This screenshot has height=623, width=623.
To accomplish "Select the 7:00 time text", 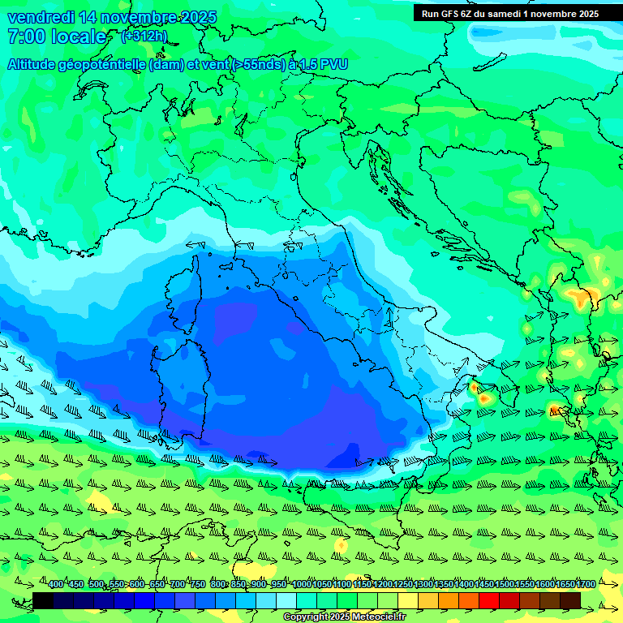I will tap(26, 37).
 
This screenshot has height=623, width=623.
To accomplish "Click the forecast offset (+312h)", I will tap(144, 37).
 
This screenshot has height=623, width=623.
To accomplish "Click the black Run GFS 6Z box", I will tap(509, 13).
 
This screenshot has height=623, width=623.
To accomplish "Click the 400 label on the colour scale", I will tap(56, 584).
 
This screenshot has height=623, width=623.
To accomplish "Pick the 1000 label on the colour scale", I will tap(302, 584).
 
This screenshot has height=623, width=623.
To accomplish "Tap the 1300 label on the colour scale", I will tap(423, 584).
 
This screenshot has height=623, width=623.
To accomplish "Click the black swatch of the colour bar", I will tap(43, 600).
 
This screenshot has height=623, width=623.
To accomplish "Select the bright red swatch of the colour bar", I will tap(489, 600).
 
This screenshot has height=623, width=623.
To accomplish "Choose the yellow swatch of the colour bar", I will tap(408, 600).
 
